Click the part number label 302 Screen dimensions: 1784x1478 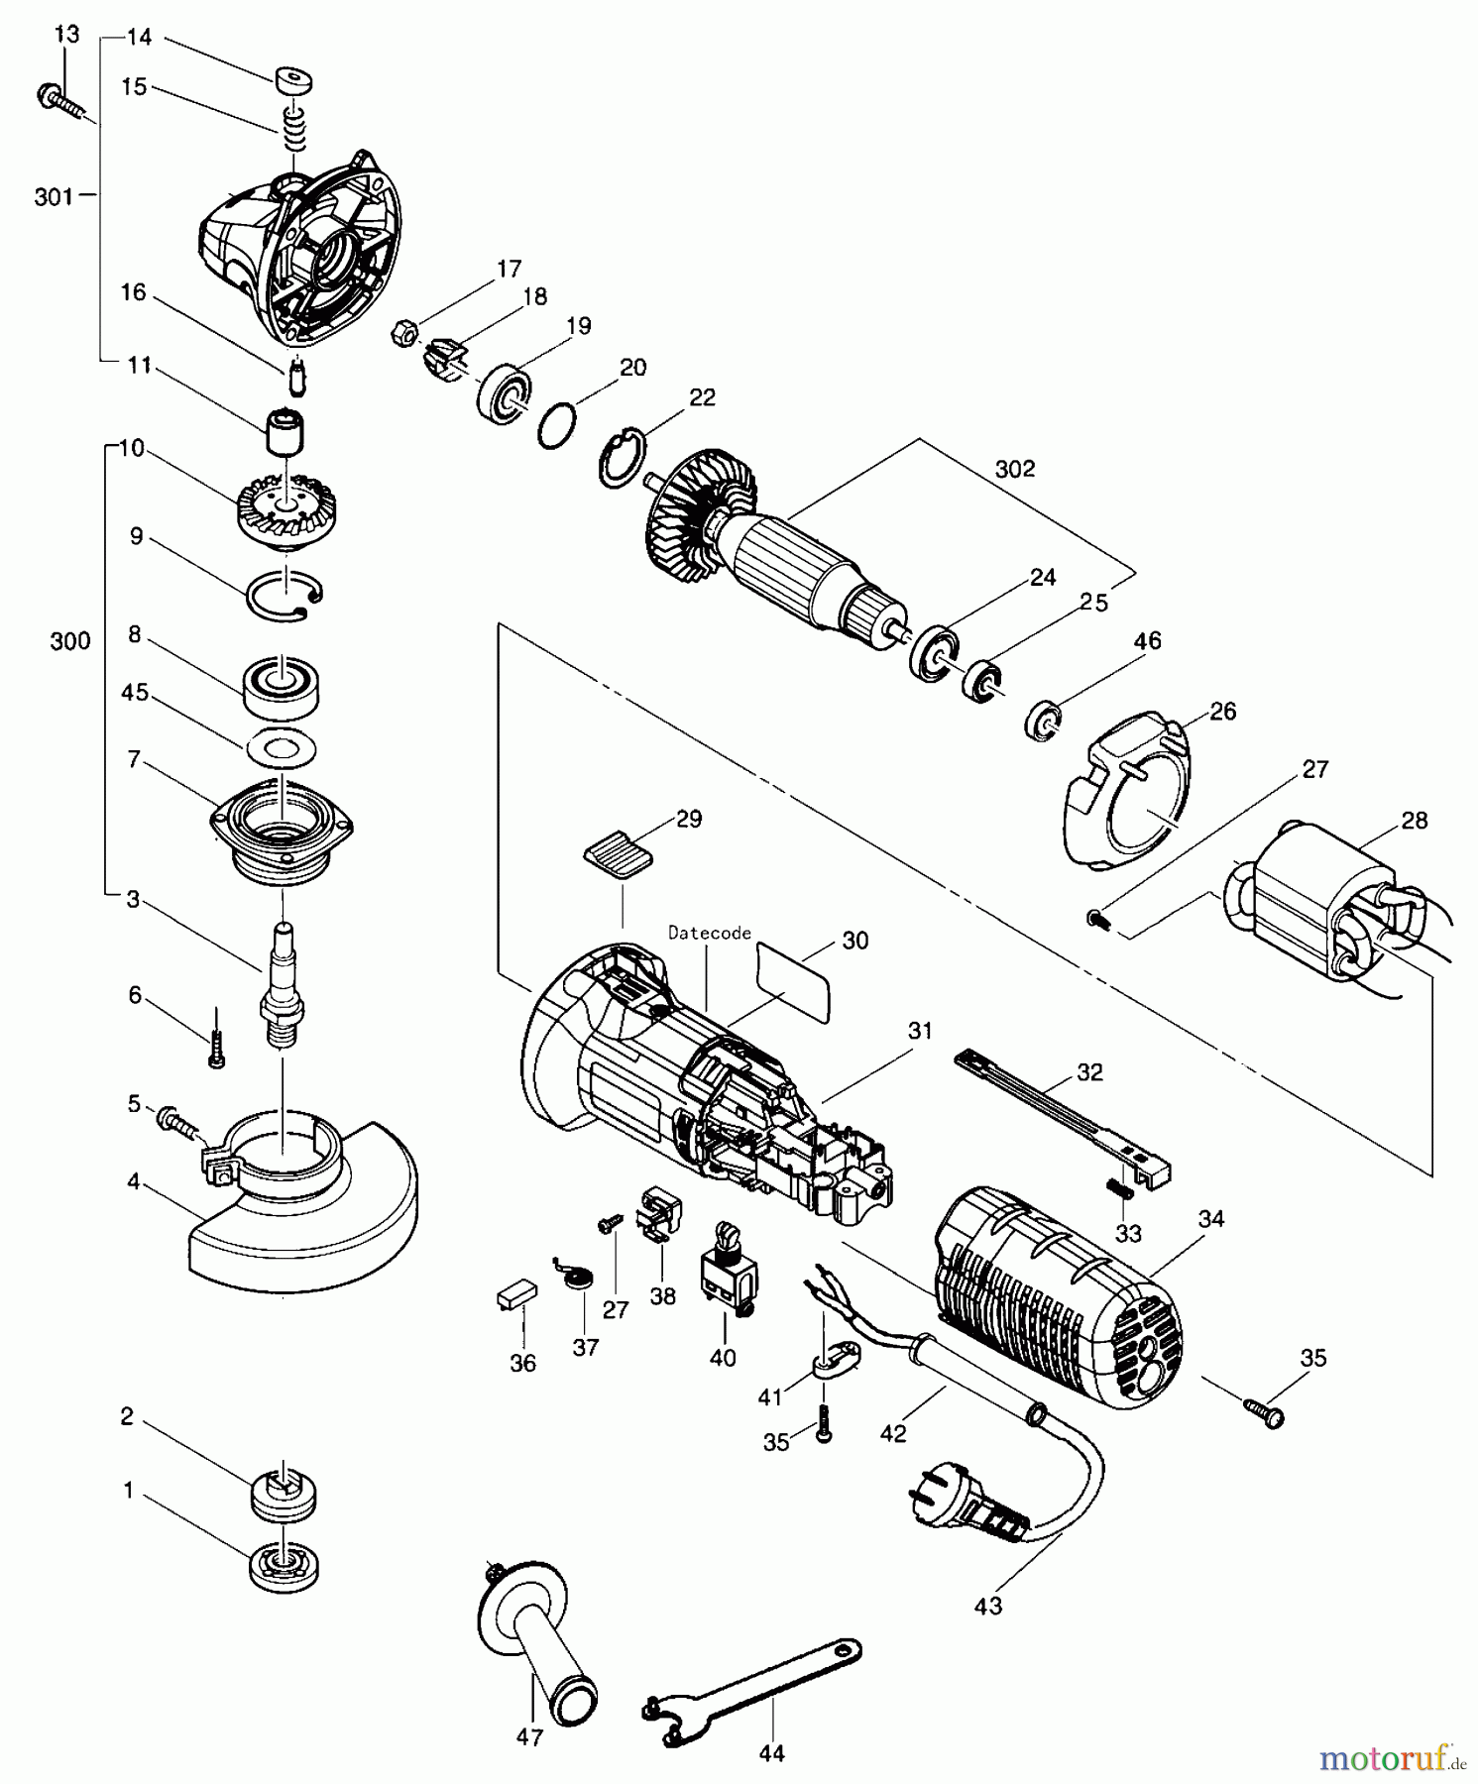click(1014, 469)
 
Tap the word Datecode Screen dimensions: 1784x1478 click(709, 933)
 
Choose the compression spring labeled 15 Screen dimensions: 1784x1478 click(291, 130)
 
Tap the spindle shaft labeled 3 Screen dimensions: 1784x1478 click(280, 982)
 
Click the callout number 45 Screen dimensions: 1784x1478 click(135, 692)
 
